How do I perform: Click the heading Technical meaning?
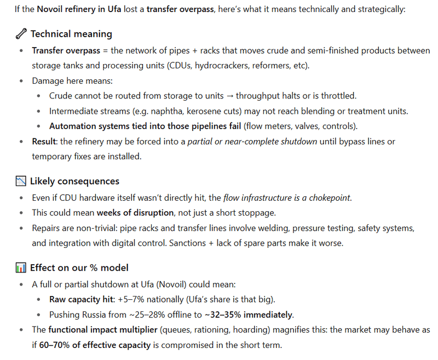coord(71,34)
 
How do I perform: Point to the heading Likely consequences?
coord(74,181)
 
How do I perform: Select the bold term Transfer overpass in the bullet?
coord(66,50)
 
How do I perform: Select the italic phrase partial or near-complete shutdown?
coord(252,141)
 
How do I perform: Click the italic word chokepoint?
coord(328,198)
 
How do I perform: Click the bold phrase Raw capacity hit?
coord(81,299)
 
